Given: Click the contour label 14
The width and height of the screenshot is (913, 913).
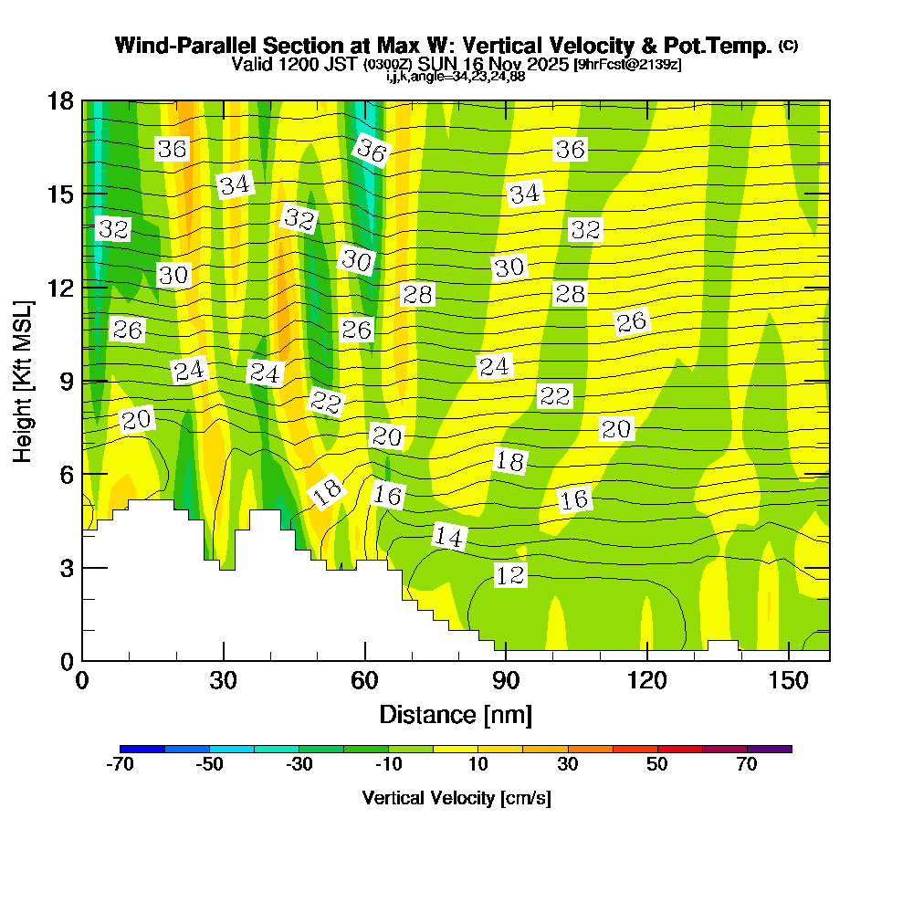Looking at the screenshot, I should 448,537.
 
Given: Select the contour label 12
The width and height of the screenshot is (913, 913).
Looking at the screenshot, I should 510,575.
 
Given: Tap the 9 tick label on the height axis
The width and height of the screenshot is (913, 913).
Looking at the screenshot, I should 60,381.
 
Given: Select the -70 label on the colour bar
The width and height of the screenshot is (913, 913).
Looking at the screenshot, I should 121,765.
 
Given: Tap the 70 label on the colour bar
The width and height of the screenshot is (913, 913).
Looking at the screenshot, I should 747,765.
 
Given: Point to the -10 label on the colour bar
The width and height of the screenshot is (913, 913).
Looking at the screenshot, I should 389,765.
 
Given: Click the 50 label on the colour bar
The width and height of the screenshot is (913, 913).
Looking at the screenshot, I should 657,765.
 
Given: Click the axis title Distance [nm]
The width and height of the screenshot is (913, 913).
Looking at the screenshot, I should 456,714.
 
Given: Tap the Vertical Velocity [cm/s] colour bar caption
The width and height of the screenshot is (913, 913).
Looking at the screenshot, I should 456,798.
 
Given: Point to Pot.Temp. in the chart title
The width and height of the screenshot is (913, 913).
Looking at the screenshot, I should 725,46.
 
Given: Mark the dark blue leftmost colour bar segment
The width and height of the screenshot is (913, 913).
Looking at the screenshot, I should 142,749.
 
